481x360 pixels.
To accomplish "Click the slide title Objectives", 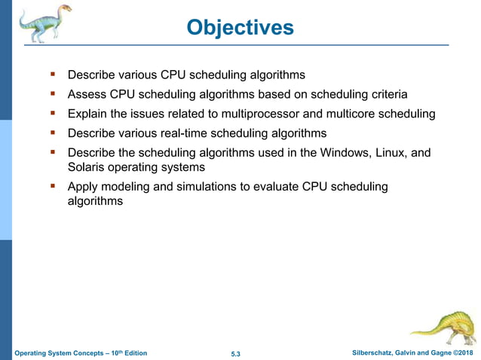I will coord(240,28).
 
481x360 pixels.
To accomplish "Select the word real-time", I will coord(216,133).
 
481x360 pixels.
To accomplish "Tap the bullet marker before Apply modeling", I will coord(53,186).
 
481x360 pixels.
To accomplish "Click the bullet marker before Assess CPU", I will coord(53,94).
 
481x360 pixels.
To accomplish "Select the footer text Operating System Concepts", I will coord(64,353).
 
